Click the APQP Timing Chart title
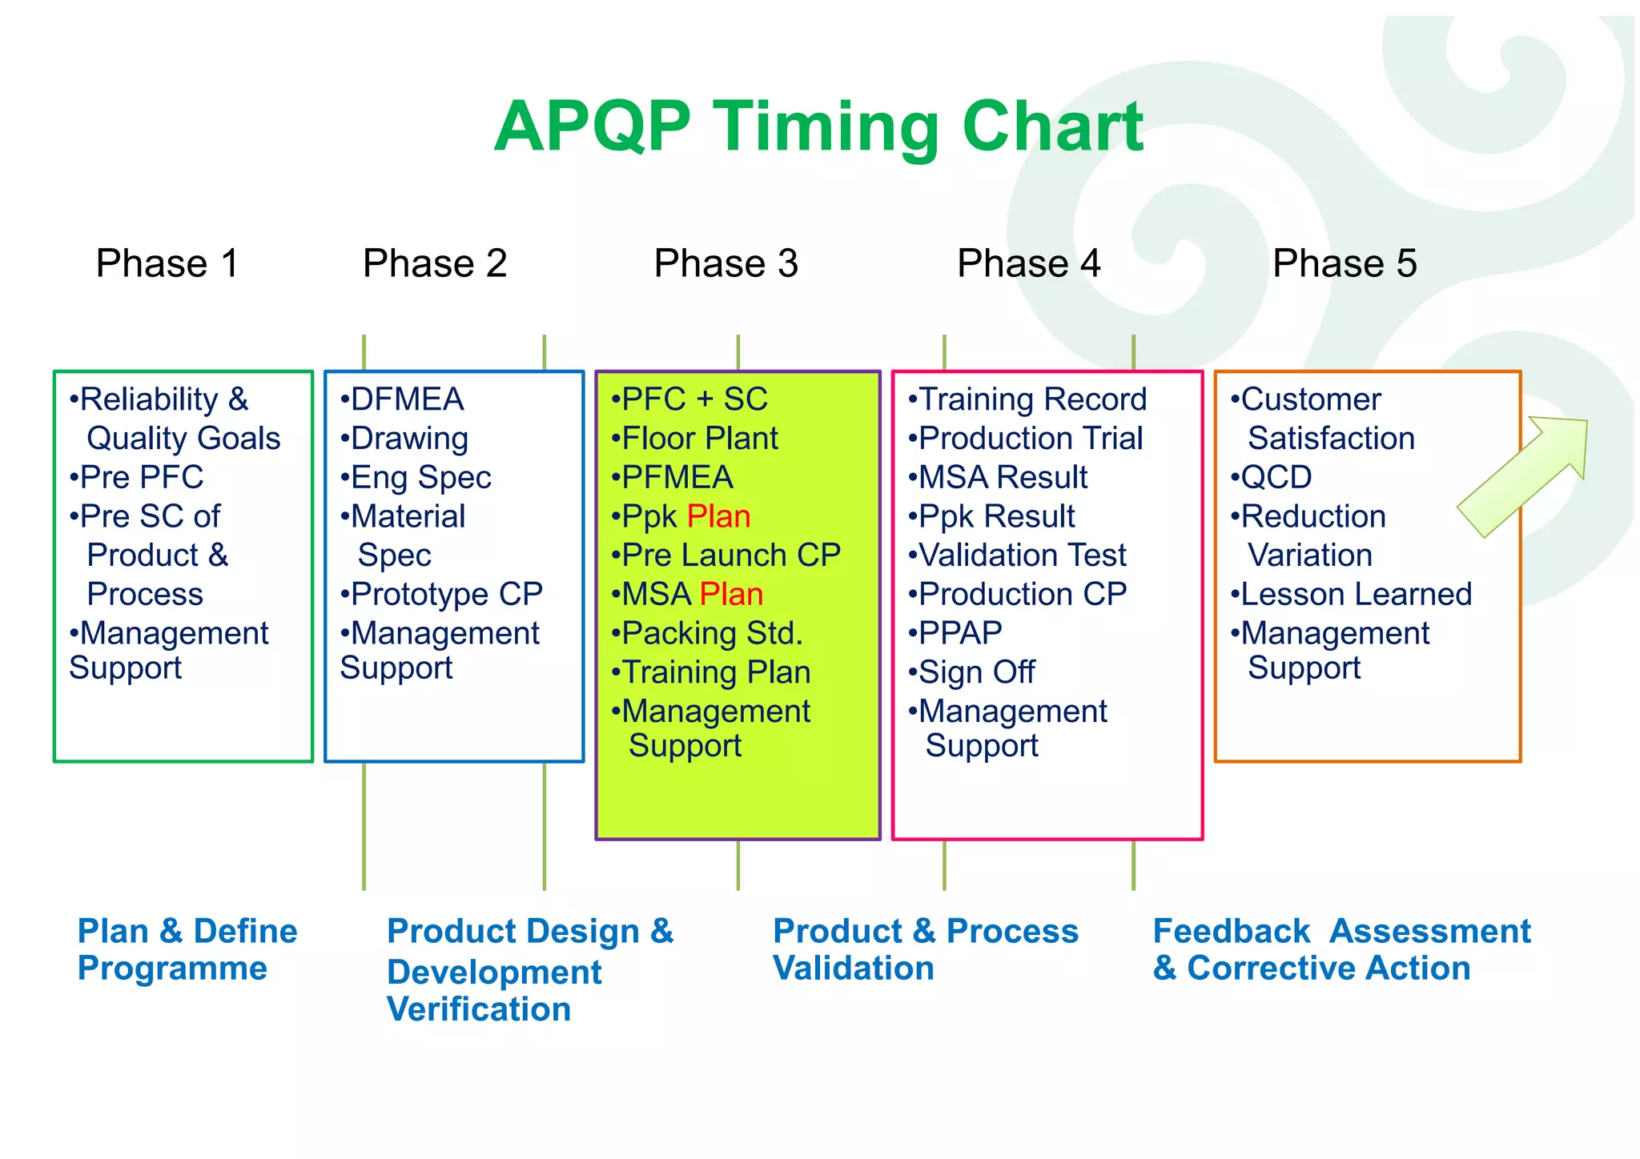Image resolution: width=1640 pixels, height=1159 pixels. [x=818, y=126]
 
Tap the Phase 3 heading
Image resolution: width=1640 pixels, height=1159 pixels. [x=726, y=263]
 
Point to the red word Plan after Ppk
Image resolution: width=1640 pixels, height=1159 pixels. [x=718, y=517]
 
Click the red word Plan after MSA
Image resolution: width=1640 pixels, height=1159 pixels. [x=730, y=595]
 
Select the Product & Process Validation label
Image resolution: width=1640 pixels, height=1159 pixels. [x=925, y=949]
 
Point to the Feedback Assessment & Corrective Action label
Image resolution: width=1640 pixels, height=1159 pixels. [x=1341, y=949]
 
